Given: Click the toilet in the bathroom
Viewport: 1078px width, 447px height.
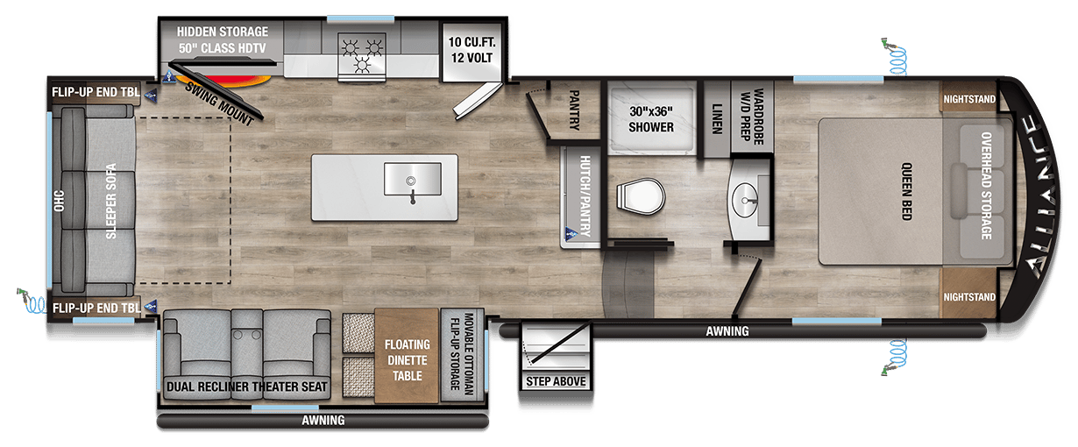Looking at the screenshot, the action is [641, 196].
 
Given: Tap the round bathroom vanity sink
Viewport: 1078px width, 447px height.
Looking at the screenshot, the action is [744, 200].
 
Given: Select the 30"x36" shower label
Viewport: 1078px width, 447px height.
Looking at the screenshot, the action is [651, 119].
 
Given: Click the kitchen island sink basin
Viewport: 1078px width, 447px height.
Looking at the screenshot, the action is [413, 179].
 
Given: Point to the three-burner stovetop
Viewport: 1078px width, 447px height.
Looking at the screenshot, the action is [362, 55].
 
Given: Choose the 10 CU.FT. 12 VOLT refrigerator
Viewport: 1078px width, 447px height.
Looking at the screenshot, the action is [472, 52].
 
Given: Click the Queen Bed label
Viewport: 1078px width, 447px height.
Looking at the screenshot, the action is [906, 191].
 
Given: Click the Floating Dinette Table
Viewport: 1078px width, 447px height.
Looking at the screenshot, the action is [407, 356].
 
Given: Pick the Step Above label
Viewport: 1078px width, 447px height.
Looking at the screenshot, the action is [556, 381].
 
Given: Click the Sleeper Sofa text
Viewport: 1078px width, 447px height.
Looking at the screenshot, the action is [111, 201].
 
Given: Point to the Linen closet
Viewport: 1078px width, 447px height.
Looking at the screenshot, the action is [717, 118].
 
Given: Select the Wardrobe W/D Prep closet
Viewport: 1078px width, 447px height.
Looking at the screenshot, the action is [752, 117].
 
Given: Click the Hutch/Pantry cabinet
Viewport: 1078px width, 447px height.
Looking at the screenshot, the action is [581, 197].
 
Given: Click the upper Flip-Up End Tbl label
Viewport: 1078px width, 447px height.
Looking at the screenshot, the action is [96, 92].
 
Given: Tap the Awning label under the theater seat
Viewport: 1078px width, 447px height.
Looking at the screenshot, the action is [323, 421].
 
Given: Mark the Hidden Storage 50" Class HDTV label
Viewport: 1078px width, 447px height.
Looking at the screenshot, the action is [223, 40].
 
